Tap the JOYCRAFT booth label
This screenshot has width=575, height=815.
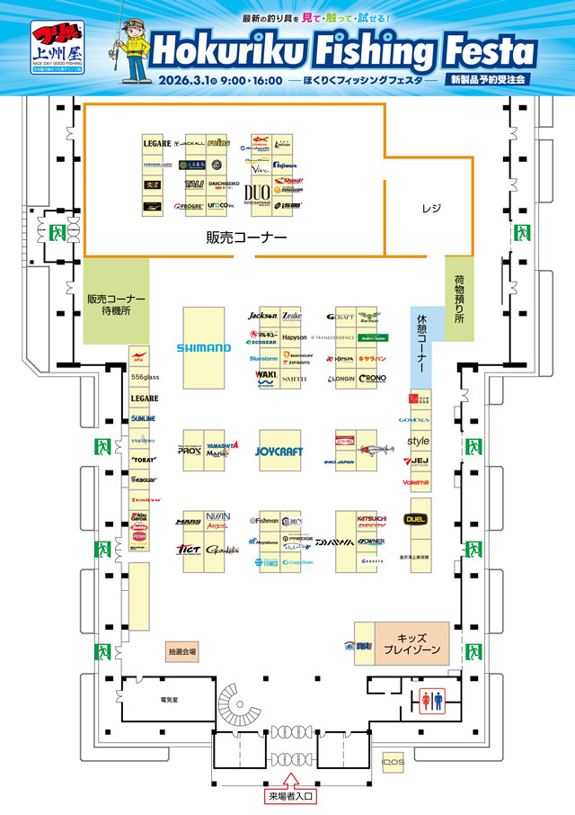[x=279, y=451]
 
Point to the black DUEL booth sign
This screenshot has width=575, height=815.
[x=415, y=519]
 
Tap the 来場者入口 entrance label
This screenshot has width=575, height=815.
[x=290, y=796]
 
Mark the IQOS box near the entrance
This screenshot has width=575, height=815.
[x=393, y=763]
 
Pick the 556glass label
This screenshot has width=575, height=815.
[x=144, y=377]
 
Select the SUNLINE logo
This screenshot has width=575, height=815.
[x=144, y=419]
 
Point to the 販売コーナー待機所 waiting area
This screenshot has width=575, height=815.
[x=116, y=303]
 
